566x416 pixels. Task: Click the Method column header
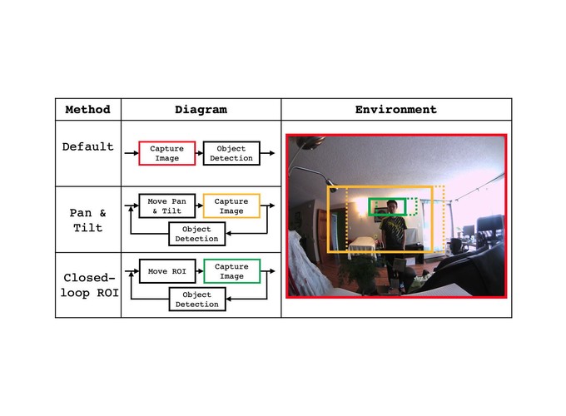pos(87,109)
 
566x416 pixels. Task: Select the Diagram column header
pos(201,109)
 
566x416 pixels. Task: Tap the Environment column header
pos(396,109)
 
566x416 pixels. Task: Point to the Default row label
pos(87,146)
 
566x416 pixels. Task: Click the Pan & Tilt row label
pos(87,220)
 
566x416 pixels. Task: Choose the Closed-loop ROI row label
pos(89,285)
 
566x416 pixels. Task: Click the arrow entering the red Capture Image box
pos(132,153)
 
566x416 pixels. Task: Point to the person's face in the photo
pos(392,208)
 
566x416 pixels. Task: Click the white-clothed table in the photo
pos(361,246)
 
